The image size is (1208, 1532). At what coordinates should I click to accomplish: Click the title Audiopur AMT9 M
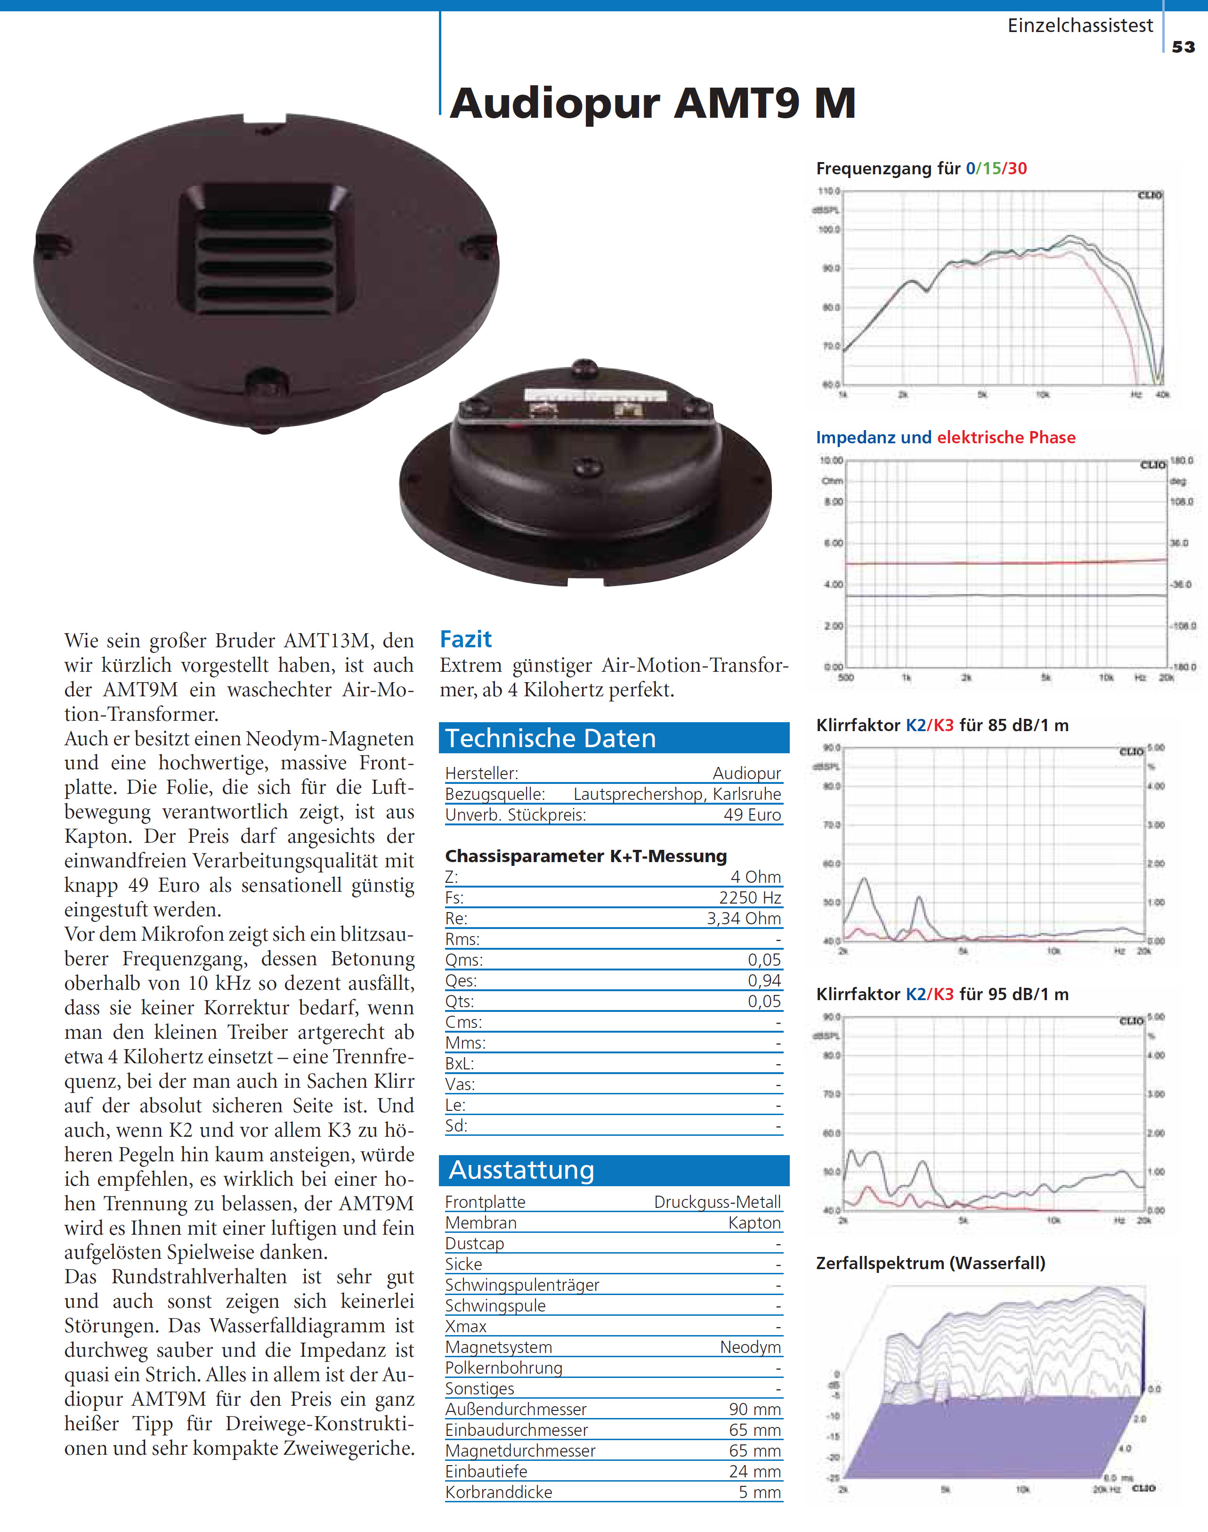pos(652,103)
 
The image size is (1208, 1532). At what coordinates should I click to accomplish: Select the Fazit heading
pos(465,639)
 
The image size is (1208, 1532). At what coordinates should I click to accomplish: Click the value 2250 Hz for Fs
pos(750,897)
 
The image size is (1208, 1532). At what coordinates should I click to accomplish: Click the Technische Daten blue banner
pos(614,738)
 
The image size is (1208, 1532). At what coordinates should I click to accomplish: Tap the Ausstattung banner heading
pos(614,1170)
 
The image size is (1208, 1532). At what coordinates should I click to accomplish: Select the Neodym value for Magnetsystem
pos(750,1347)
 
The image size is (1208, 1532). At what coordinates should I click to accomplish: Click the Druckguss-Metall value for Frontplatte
pos(717,1202)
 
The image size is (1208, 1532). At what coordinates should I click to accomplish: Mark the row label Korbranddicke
pos(499,1491)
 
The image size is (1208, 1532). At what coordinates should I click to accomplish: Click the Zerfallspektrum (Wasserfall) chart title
pos(930,1263)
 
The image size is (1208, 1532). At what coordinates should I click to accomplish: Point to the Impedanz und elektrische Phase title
pos(945,437)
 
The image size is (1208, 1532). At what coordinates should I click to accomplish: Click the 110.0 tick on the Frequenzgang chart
pos(829,191)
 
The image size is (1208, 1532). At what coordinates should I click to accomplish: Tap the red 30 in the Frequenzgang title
pos(1017,168)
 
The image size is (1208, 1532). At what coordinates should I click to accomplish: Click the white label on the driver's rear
pos(592,395)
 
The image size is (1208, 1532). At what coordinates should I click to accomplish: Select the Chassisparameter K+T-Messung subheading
pos(585,856)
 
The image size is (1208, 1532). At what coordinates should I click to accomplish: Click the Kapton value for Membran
pos(754,1222)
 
